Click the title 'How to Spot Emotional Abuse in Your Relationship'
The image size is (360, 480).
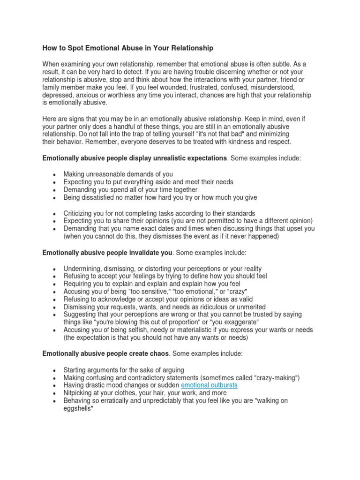(128, 48)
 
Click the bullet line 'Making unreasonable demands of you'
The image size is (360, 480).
(118, 174)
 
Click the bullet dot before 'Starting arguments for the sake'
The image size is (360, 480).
(54, 370)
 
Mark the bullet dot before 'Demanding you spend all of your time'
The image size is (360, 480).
(54, 190)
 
